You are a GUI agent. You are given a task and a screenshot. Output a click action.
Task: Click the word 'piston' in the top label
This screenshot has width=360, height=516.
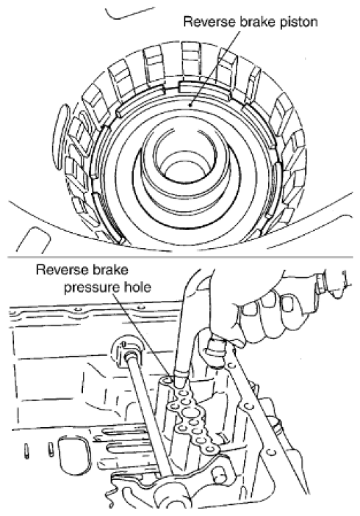(299, 22)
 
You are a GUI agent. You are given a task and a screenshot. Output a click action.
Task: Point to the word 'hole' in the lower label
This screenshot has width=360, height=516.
(137, 286)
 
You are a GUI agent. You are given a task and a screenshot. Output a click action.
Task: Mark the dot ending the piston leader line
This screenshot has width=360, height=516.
(190, 105)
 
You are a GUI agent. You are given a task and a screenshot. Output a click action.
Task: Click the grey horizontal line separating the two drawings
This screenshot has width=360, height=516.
(180, 257)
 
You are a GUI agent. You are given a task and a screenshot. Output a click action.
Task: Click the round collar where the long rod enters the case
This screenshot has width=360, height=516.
(127, 352)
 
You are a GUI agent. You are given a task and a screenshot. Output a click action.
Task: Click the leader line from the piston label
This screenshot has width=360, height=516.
(214, 68)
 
